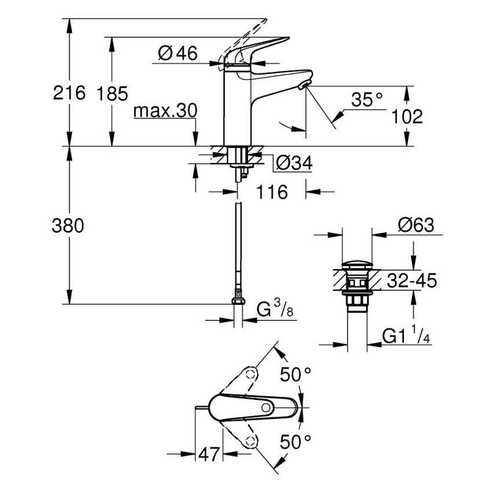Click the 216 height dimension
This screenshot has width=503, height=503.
coord(69,92)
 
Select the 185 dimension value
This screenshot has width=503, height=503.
coord(112,93)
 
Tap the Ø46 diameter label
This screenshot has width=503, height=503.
coord(177,54)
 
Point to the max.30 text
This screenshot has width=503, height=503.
coord(165,111)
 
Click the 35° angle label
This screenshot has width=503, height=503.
coord(367,100)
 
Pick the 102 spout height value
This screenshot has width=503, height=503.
coord(406,116)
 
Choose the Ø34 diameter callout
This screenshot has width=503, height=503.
coord(294,164)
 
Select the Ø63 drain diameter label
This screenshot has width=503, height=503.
coord(415,225)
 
